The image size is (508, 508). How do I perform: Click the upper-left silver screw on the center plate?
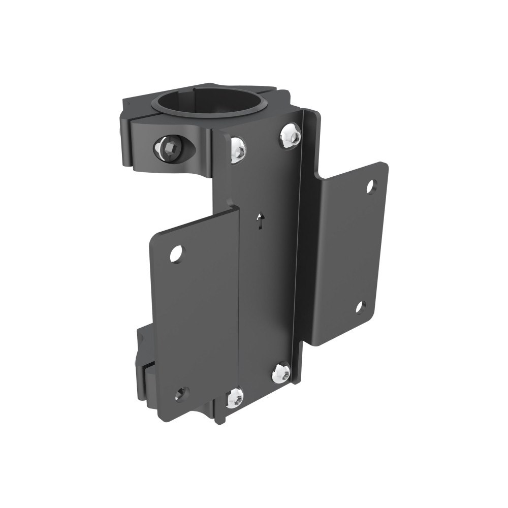pyautogui.click(x=237, y=148)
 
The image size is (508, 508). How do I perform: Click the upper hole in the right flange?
pyautogui.click(x=372, y=187)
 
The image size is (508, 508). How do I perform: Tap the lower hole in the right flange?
pyautogui.click(x=360, y=307)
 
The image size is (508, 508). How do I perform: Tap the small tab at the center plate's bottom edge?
pyautogui.click(x=219, y=418)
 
